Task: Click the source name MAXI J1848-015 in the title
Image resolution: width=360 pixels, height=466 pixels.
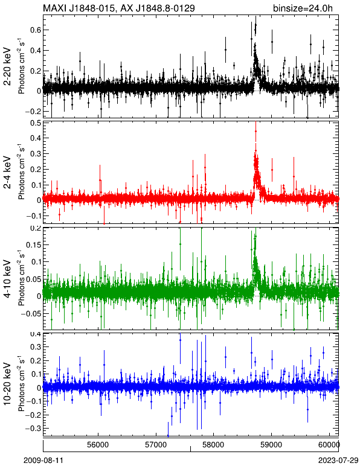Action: [x=77, y=8]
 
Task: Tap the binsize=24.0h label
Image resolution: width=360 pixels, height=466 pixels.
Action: [x=303, y=8]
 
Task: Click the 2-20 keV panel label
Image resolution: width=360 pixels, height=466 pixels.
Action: [x=7, y=66]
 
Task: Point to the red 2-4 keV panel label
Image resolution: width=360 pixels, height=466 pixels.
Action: [x=7, y=173]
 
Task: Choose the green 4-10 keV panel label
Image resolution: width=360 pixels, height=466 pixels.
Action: [x=7, y=279]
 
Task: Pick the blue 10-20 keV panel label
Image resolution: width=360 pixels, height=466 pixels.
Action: [x=7, y=384]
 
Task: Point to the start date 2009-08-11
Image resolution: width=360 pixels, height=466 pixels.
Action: [x=43, y=461]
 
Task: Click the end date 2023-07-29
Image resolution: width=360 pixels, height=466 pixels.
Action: [x=338, y=461]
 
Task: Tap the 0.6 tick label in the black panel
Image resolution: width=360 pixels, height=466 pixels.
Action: [x=36, y=30]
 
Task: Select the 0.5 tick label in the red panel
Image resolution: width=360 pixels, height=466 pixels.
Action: [x=36, y=123]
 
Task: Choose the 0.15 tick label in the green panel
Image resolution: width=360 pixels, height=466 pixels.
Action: [x=33, y=245]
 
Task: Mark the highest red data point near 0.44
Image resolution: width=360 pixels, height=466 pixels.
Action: [x=256, y=131]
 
